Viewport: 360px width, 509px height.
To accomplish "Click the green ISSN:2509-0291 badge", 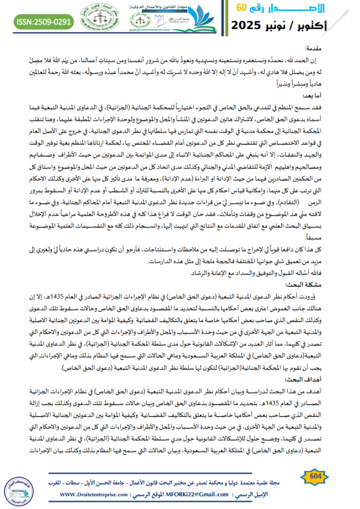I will coord(44,22).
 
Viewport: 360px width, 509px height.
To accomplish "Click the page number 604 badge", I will coord(315,477).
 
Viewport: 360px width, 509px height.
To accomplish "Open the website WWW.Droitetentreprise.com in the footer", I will coord(96,495).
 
